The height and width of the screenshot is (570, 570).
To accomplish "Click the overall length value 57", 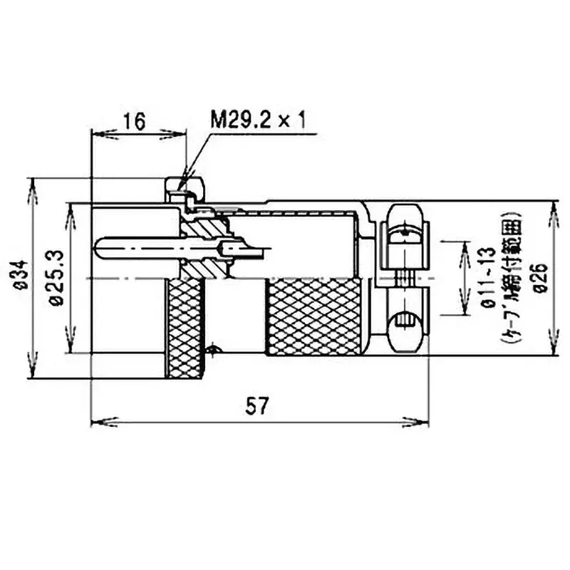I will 258,406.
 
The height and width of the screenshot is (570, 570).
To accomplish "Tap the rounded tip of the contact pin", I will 98,247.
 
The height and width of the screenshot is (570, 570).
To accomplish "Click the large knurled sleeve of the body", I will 317,316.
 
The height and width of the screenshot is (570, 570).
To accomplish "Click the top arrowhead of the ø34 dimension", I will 32,185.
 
